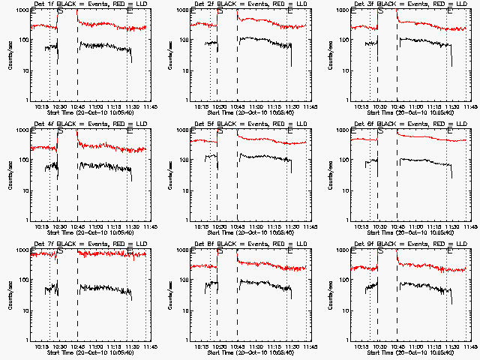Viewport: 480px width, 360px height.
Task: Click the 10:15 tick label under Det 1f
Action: pos(41,106)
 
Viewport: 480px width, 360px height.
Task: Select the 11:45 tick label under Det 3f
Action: pos(469,106)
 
